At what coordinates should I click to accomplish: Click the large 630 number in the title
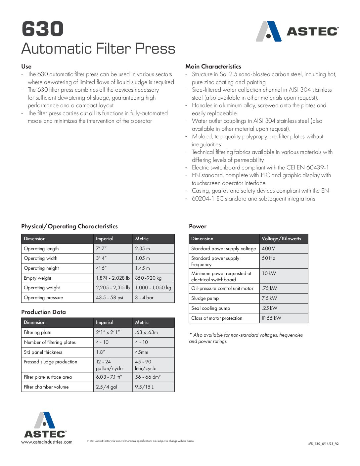click(43, 29)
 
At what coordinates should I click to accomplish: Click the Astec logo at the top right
click(297, 31)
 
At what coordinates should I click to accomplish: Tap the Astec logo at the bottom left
click(45, 425)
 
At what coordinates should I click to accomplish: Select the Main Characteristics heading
click(213, 67)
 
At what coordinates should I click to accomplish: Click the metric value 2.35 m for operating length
click(142, 249)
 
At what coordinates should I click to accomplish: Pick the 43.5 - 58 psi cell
click(110, 298)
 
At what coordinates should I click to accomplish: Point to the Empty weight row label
click(38, 278)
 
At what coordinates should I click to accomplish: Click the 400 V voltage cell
click(268, 249)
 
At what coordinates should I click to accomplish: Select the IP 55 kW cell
click(271, 318)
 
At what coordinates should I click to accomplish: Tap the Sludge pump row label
click(205, 298)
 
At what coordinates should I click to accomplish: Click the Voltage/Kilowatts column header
click(281, 239)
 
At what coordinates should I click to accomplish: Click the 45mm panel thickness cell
click(142, 352)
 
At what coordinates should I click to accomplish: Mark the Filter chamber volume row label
click(46, 387)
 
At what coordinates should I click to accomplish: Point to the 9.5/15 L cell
click(144, 387)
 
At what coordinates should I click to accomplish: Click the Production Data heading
click(43, 312)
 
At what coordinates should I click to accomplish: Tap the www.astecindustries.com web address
click(47, 442)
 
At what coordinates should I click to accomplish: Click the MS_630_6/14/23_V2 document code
click(323, 444)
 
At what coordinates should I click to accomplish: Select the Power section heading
click(198, 226)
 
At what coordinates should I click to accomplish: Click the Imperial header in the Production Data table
click(105, 322)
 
